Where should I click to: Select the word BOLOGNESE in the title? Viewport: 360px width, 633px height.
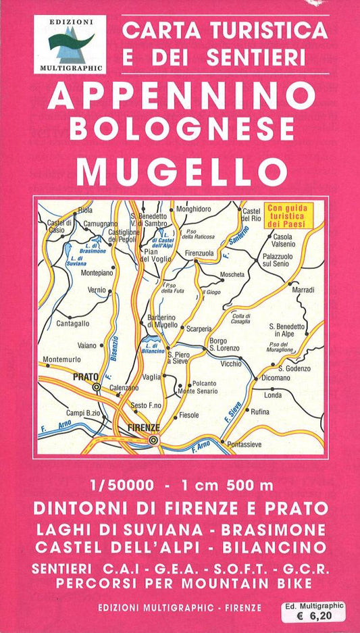pyautogui.click(x=181, y=128)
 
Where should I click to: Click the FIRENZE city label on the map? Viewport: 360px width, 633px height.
pyautogui.click(x=143, y=428)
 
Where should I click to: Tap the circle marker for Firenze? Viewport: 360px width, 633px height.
pyautogui.click(x=154, y=440)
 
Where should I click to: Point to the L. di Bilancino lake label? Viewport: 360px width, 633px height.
pyautogui.click(x=155, y=349)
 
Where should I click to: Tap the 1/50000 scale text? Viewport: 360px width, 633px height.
pyautogui.click(x=120, y=485)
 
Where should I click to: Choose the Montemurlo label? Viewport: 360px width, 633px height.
pyautogui.click(x=61, y=359)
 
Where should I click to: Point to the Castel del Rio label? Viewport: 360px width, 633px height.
pyautogui.click(x=251, y=215)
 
